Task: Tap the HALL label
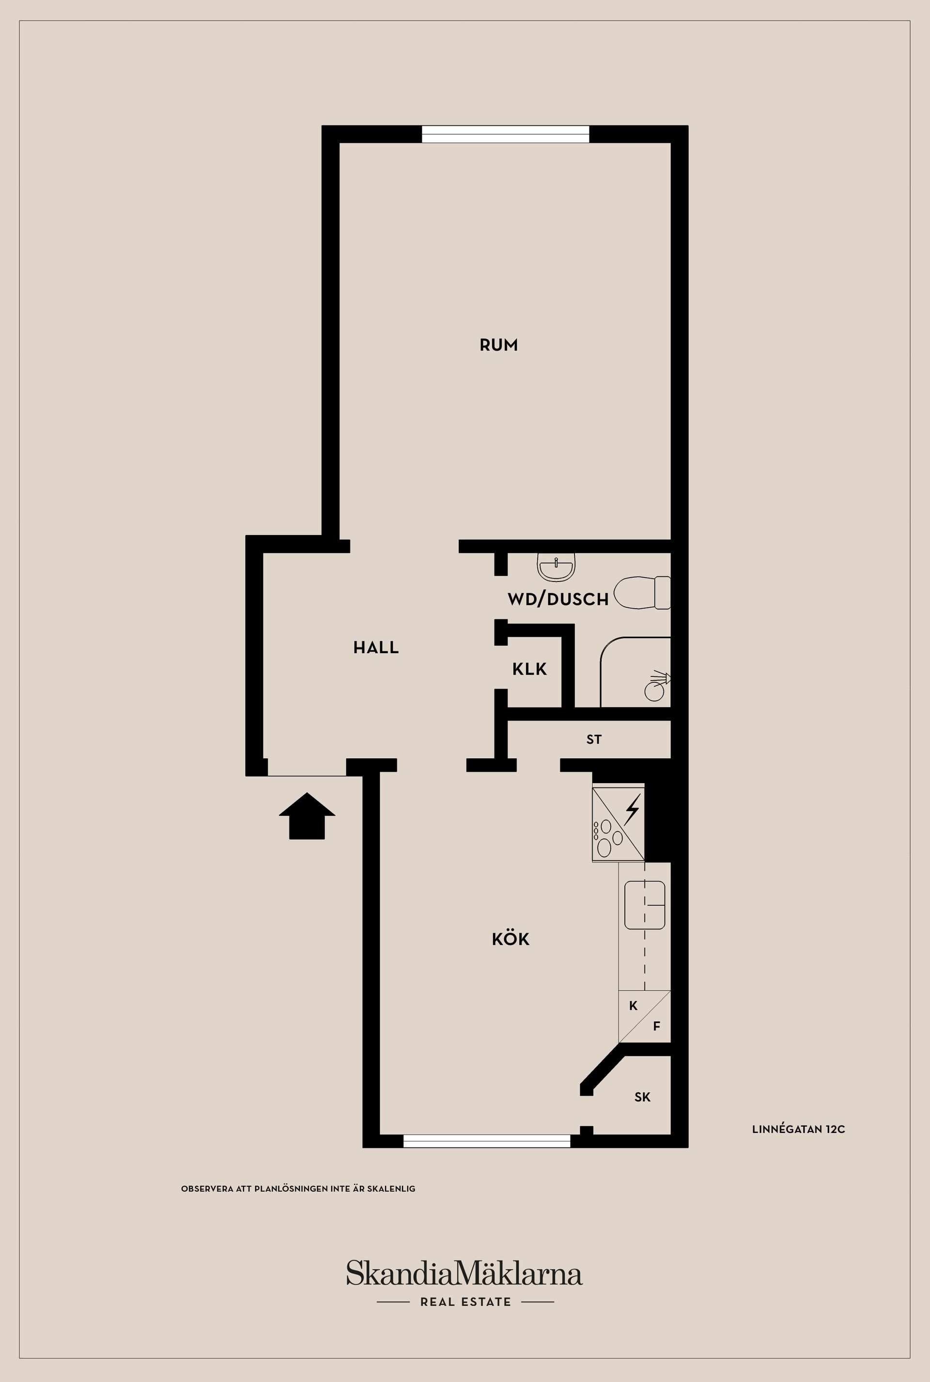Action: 376,647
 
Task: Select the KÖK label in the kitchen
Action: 511,939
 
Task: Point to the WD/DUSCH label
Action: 558,599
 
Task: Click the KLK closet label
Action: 529,669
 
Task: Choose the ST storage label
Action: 594,739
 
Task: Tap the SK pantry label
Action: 642,1097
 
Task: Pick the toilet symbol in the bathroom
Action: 642,592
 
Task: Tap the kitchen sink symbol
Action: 645,905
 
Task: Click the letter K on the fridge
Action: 634,1006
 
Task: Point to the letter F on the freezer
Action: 657,1026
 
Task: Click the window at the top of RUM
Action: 505,134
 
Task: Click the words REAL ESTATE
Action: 465,1302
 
